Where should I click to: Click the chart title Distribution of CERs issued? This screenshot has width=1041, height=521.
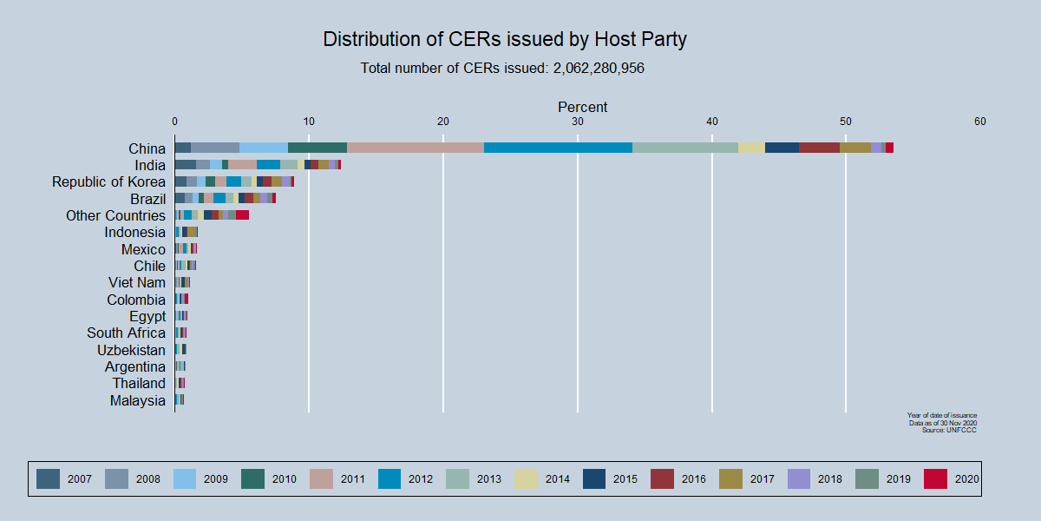point(505,39)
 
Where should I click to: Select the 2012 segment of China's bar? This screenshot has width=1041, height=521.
point(558,148)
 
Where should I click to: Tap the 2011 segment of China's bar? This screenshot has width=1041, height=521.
point(416,148)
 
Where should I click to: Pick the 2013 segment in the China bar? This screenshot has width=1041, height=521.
point(685,148)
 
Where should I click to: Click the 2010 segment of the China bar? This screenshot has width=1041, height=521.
point(318,148)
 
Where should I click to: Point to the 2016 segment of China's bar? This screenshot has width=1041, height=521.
point(819,148)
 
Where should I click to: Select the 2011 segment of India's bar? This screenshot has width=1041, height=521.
point(242,164)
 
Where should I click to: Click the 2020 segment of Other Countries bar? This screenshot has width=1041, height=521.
point(242,214)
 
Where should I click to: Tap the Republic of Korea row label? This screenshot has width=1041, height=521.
point(108,181)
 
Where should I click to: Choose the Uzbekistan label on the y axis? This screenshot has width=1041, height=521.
point(131,350)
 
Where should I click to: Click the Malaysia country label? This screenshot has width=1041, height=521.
point(137,400)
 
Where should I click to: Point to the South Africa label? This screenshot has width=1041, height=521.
point(126,333)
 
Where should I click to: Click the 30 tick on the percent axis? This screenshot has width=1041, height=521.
point(578,122)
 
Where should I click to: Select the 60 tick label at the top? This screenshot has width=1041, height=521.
point(980,122)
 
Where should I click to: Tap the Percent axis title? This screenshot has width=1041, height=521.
point(582,107)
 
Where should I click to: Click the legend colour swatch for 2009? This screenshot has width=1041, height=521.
point(186,478)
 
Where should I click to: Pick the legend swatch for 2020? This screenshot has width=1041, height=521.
point(935,478)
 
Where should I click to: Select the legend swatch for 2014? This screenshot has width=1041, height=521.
point(527,478)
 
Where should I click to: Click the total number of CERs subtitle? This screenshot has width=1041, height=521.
point(502,68)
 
